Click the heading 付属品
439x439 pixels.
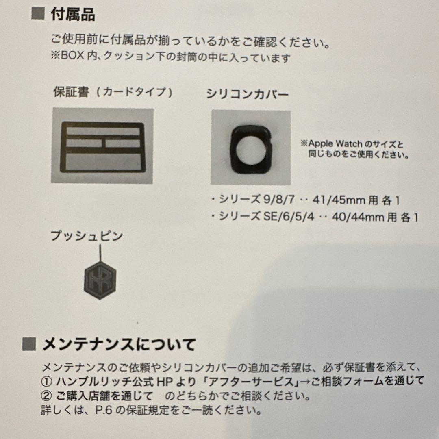(x=73, y=15)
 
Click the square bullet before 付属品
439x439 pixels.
(x=37, y=14)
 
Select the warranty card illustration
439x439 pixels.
(x=102, y=146)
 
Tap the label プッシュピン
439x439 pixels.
(x=87, y=236)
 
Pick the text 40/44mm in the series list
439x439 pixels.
(x=356, y=217)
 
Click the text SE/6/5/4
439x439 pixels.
(x=288, y=217)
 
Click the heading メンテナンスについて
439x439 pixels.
(x=119, y=346)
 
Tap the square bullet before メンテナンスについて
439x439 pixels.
(x=29, y=345)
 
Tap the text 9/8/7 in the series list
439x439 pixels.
(x=278, y=200)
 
